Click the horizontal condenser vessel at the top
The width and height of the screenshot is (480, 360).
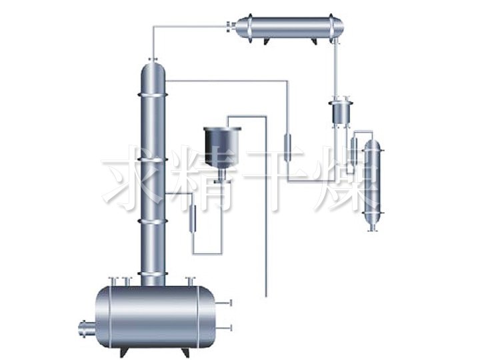[289, 29]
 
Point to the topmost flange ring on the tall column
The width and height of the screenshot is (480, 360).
[153, 95]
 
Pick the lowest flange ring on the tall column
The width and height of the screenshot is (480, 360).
[153, 274]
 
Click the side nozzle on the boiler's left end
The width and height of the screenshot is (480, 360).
[85, 329]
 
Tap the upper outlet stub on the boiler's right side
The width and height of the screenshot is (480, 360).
[224, 303]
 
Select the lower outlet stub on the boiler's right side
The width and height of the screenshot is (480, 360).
[224, 328]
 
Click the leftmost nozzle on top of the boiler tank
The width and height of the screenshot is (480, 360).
[113, 281]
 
